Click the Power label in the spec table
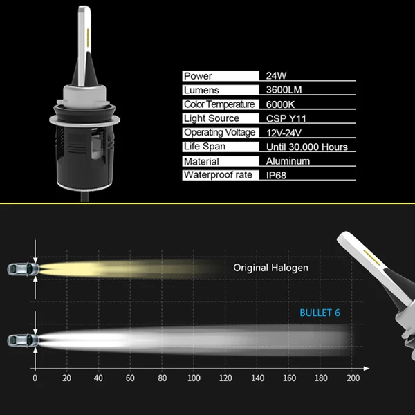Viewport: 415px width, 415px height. coord(198,76)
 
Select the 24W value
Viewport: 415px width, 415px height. coord(276,76)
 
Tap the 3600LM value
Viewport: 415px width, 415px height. coord(284,90)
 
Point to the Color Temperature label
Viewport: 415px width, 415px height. coord(219,104)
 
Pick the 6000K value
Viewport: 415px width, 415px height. coord(280,104)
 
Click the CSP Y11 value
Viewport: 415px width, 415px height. coord(286,118)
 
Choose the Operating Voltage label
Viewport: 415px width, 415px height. coord(220,133)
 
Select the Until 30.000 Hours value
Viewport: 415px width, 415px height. coord(306,147)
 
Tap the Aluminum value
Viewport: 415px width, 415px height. coord(288,161)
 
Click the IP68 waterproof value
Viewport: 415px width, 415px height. coord(276,176)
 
